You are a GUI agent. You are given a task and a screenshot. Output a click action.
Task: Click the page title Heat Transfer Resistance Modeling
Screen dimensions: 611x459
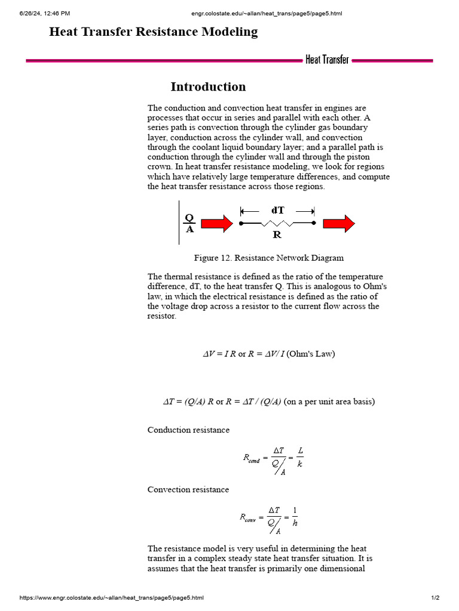pyautogui.click(x=154, y=32)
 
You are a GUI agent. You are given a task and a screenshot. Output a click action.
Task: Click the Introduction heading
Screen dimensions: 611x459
pyautogui.click(x=208, y=87)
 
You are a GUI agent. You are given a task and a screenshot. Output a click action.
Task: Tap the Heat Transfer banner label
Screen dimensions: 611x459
pyautogui.click(x=327, y=60)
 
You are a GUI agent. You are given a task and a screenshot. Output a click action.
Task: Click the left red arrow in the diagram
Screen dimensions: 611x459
pyautogui.click(x=216, y=224)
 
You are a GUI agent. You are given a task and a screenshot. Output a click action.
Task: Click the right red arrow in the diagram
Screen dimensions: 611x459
pyautogui.click(x=339, y=224)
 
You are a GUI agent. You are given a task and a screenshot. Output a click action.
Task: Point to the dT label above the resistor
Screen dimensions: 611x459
pyautogui.click(x=278, y=210)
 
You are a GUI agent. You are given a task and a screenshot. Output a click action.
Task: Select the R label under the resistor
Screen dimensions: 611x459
pyautogui.click(x=277, y=235)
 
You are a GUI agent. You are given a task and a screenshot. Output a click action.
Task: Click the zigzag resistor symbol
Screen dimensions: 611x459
pyautogui.click(x=277, y=224)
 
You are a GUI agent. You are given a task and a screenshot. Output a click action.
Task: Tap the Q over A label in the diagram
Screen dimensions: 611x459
pyautogui.click(x=189, y=223)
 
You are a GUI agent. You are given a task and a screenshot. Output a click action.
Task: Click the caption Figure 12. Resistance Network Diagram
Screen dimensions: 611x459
pyautogui.click(x=268, y=258)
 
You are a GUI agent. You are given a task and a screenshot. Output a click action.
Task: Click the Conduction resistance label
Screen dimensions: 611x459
pyautogui.click(x=188, y=430)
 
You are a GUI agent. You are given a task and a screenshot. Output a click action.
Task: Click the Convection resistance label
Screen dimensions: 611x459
pyautogui.click(x=188, y=489)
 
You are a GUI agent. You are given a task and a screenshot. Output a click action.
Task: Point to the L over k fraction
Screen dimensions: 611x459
pyautogui.click(x=299, y=458)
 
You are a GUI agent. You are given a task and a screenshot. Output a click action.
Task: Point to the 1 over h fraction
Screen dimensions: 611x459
pyautogui.click(x=295, y=517)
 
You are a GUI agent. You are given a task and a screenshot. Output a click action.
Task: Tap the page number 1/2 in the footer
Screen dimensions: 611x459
pyautogui.click(x=435, y=598)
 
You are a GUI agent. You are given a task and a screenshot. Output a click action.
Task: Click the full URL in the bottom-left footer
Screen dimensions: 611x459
pyautogui.click(x=112, y=598)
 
